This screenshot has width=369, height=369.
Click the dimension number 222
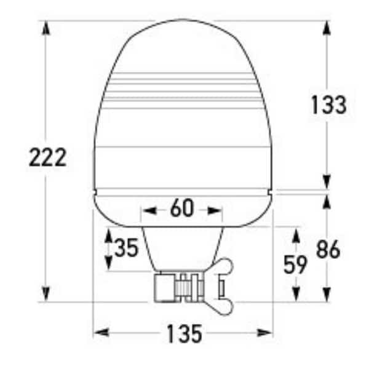coord(47,158)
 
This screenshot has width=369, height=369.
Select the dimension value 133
coord(327,105)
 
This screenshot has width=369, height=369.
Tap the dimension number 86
coord(328,249)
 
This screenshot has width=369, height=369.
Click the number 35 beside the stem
coord(126,249)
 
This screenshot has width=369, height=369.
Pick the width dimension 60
coord(182,209)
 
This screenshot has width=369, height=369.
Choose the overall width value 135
coord(183,334)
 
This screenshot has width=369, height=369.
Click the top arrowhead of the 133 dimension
coord(327,28)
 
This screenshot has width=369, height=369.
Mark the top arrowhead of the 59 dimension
coord(296,236)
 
